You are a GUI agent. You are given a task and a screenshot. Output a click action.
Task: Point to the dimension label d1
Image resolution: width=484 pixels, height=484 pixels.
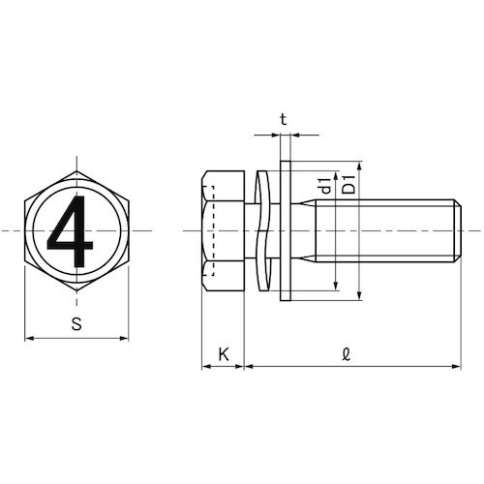coord(324,183)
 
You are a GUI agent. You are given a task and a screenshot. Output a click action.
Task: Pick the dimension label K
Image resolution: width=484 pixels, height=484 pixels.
coord(224,354)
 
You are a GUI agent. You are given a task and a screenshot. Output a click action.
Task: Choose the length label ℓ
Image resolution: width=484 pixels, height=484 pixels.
coord(348,354)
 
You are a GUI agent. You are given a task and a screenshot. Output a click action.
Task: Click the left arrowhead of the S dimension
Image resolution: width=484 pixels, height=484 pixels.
coord(28,338)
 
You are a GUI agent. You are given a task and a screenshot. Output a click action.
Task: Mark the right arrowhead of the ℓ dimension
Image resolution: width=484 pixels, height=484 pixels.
coord(455,367)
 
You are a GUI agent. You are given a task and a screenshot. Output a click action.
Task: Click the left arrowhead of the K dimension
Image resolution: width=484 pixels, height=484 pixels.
coord(206,367)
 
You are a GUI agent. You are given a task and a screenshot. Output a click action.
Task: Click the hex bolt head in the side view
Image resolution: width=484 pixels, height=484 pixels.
coord(223,231)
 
